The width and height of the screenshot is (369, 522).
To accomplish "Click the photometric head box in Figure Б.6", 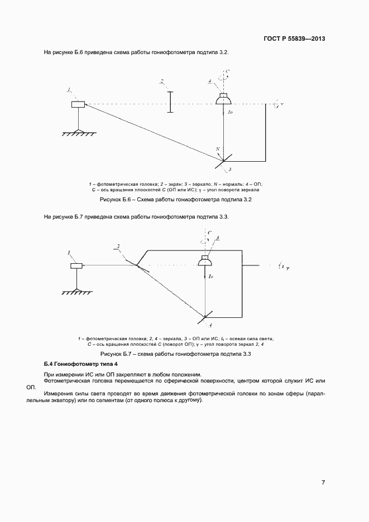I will click(78, 104).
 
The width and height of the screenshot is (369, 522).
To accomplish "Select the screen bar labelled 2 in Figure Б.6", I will click(169, 103).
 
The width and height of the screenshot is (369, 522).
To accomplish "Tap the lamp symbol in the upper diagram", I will click(224, 99).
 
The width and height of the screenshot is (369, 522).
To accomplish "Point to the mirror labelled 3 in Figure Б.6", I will click(223, 161).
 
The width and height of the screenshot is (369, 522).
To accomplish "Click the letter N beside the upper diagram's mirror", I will click(218, 149).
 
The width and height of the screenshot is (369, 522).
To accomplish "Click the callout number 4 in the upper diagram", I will click(209, 81).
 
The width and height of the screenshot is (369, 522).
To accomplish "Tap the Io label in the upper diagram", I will click(231, 113).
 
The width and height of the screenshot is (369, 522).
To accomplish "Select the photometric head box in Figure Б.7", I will click(77, 266).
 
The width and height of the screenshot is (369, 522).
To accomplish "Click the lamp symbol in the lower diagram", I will click(207, 262).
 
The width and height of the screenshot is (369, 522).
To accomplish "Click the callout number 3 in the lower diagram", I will click(217, 239).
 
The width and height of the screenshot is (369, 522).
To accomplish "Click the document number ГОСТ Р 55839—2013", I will click(294, 39).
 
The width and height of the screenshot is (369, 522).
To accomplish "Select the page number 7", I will click(323, 482).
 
